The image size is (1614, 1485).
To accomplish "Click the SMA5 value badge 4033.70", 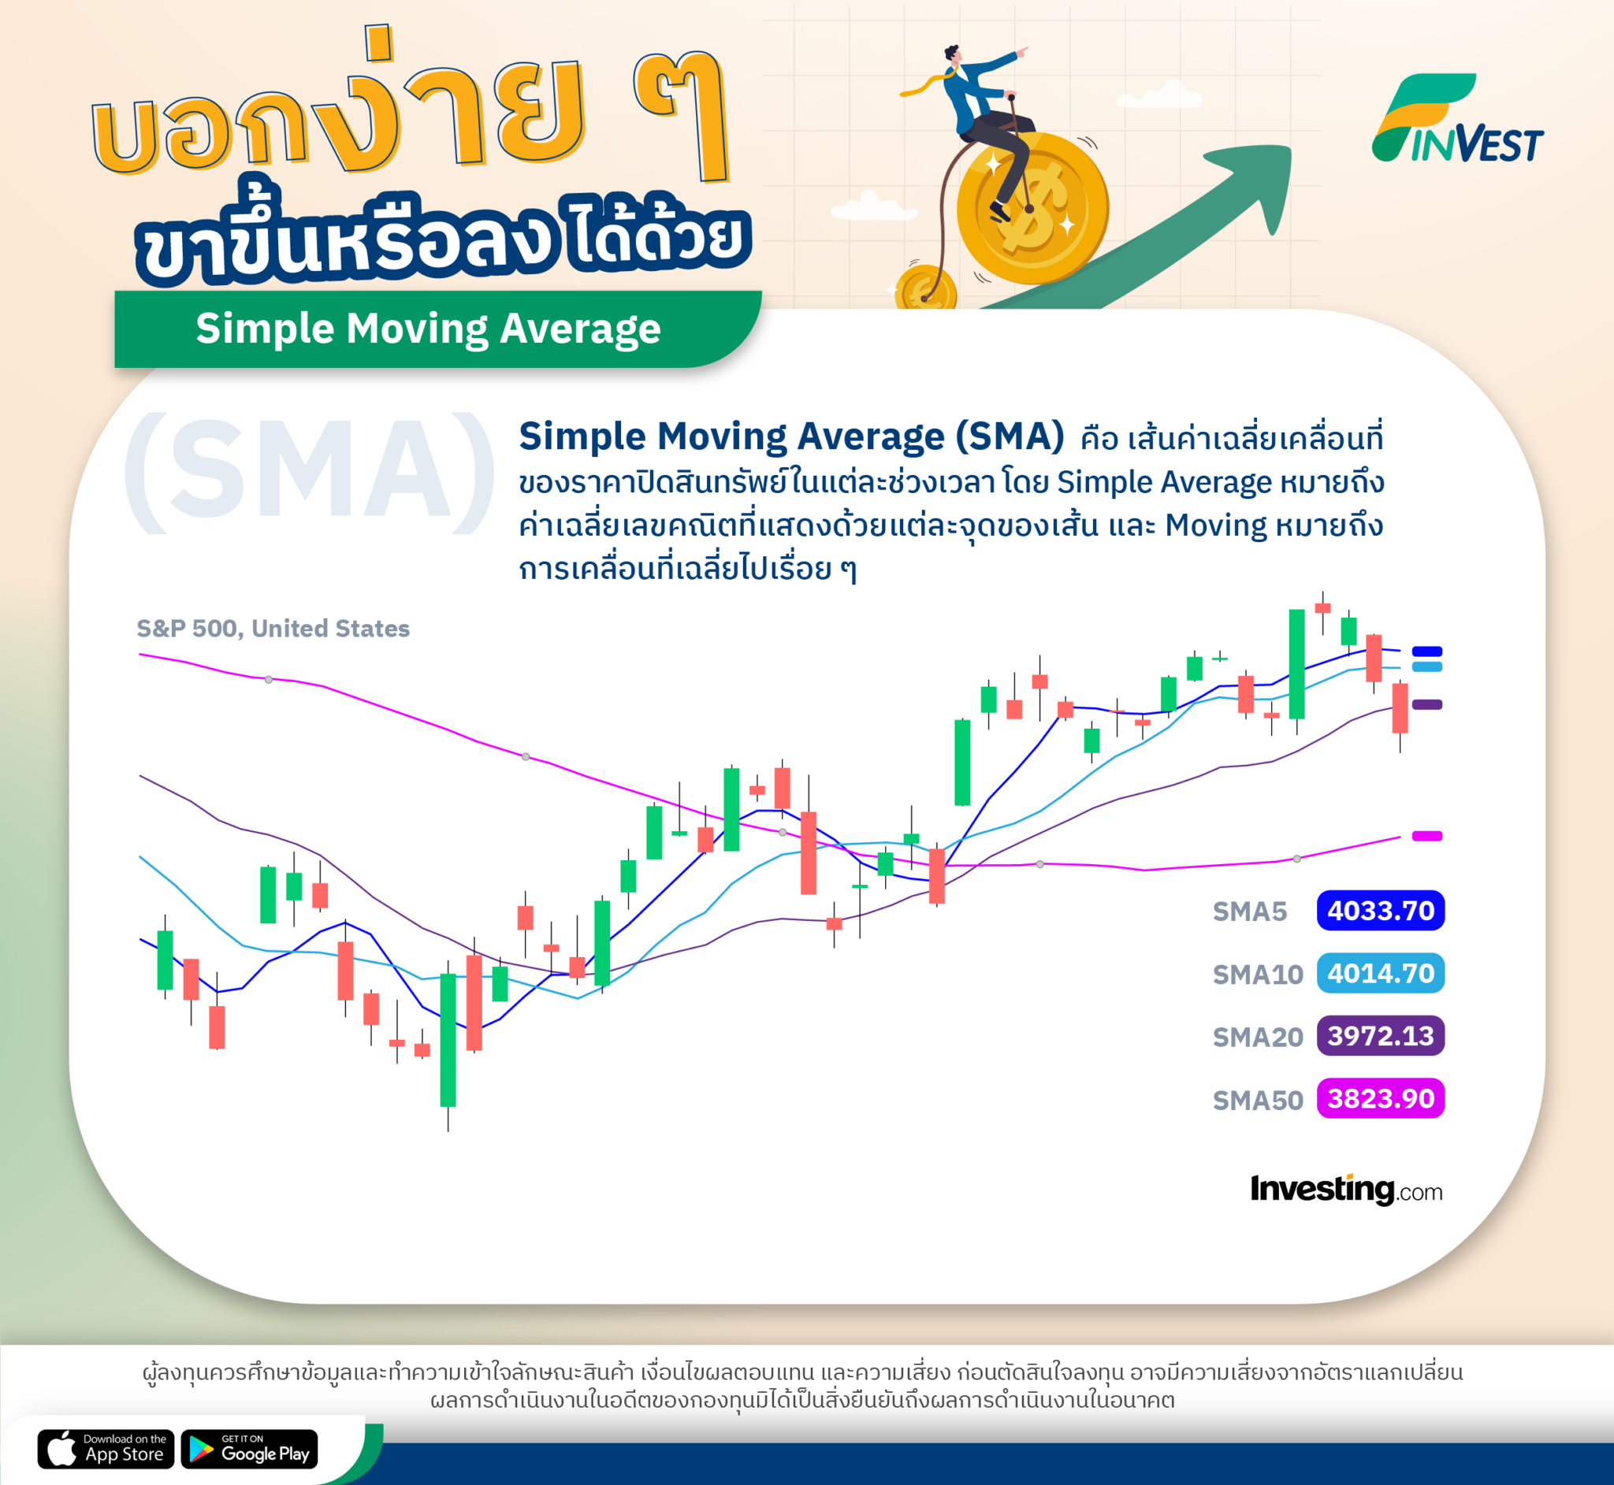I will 1380,911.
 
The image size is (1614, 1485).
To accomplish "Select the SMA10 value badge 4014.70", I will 1380,973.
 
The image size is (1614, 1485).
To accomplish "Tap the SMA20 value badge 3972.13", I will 1380,1036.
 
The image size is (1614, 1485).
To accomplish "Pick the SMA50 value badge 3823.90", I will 1380,1098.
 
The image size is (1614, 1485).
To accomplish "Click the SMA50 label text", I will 1257,1100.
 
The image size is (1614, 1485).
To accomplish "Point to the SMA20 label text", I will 1257,1038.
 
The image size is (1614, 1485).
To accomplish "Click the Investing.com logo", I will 1345,1190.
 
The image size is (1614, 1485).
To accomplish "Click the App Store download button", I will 106,1449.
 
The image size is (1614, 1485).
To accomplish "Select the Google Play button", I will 249,1449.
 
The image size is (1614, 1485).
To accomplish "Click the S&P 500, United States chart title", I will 273,629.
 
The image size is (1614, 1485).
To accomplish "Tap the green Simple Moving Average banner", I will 429,329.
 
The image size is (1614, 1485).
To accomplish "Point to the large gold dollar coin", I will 1032,207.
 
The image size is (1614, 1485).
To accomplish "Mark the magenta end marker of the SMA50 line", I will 1426,836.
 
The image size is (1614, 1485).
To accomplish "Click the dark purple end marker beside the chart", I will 1426,705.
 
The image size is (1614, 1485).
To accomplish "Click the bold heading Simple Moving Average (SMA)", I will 791,436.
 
